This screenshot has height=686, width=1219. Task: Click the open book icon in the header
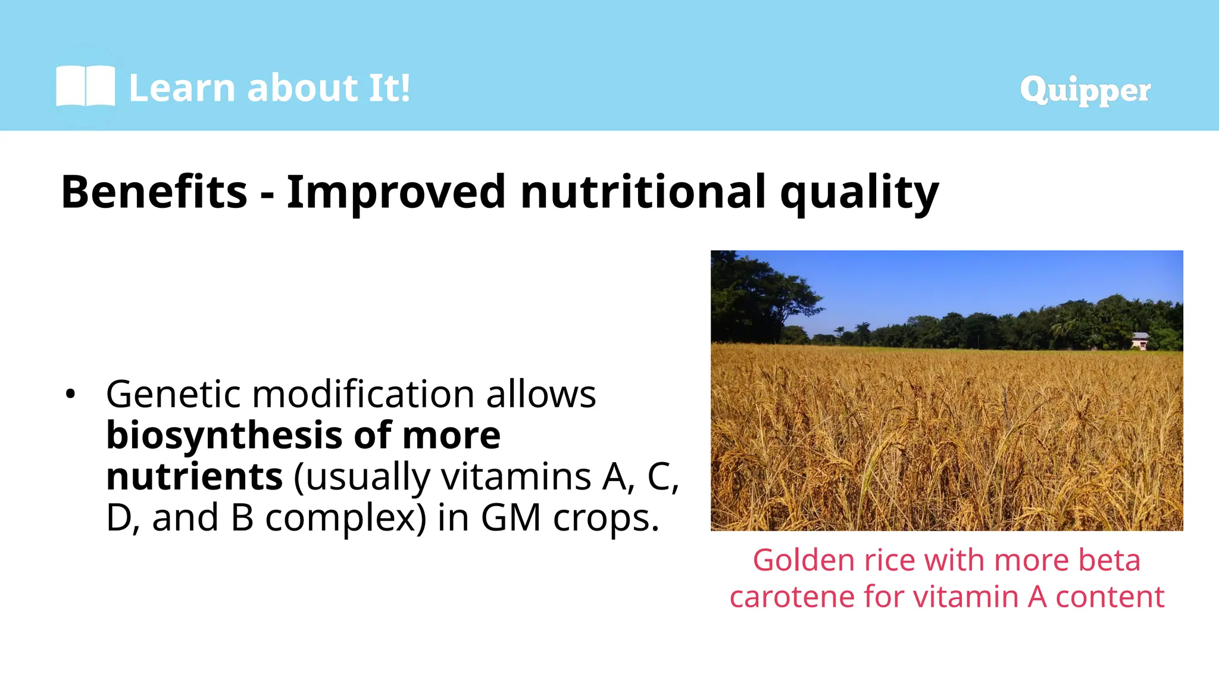coord(85,87)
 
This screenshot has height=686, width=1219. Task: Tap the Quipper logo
coord(1084,90)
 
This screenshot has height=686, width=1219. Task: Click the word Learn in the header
coord(182,88)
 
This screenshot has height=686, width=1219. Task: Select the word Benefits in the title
coord(154,192)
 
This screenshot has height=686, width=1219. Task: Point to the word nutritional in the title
coord(643,192)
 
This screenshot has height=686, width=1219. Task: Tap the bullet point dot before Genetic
coord(71,395)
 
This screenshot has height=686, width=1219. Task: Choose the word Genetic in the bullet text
coord(173,394)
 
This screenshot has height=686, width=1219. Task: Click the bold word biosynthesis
coord(223,436)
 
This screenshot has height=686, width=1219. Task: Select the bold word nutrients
coord(194,477)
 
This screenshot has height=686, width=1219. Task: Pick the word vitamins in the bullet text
coord(515,477)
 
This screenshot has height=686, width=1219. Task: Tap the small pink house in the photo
coord(1140,341)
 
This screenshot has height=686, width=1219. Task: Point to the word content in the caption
coord(1110,597)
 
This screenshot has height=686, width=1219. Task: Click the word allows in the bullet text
coord(540,394)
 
